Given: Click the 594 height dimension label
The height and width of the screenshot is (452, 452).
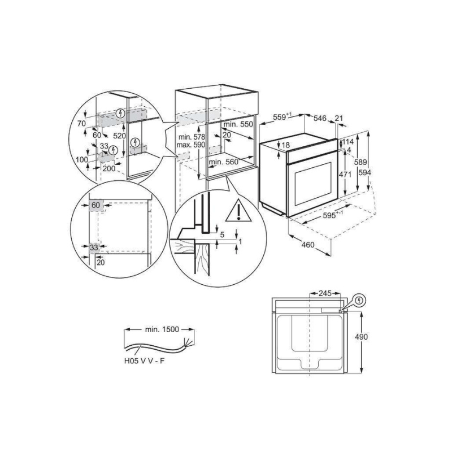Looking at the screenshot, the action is [x=364, y=173].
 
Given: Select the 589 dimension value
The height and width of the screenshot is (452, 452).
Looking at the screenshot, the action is [x=360, y=162].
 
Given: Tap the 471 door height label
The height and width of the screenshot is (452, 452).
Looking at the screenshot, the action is [x=345, y=175].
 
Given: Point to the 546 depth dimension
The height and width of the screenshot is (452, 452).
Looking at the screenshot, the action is [x=320, y=118].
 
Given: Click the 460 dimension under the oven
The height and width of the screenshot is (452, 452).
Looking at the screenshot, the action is [x=308, y=245].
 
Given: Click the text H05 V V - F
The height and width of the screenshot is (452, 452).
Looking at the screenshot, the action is [x=145, y=361].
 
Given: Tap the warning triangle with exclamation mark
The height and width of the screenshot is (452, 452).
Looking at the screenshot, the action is [x=238, y=211].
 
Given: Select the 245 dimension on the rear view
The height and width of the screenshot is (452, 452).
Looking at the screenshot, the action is [x=325, y=293].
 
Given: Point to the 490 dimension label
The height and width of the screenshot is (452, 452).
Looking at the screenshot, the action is [x=362, y=337].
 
